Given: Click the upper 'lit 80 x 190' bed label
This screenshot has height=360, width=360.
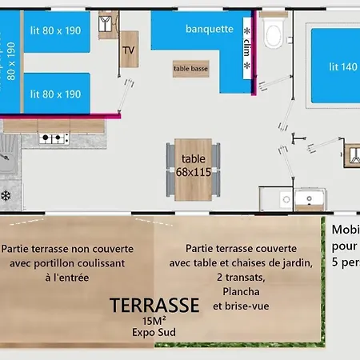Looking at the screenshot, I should point(56,31).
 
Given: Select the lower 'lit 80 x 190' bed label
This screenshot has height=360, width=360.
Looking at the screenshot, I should point(56,94).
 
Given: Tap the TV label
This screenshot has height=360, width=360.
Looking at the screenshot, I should point(128,50).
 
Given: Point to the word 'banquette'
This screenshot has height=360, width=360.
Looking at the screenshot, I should point(209,29).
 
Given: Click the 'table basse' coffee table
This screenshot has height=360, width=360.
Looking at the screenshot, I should point(190,69).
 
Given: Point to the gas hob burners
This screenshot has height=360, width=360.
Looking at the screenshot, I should point(53,138).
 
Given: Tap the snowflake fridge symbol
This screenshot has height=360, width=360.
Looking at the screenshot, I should point(6,194).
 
